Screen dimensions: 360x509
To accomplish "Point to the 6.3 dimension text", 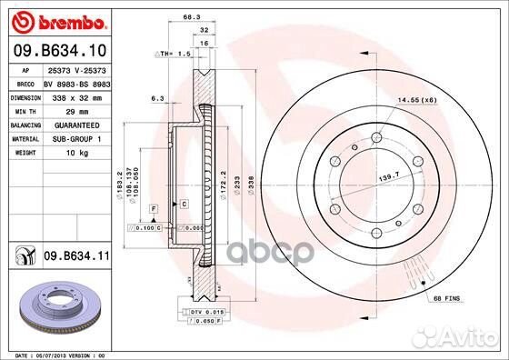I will [157, 97].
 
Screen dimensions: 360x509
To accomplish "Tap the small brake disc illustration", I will [56, 305].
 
